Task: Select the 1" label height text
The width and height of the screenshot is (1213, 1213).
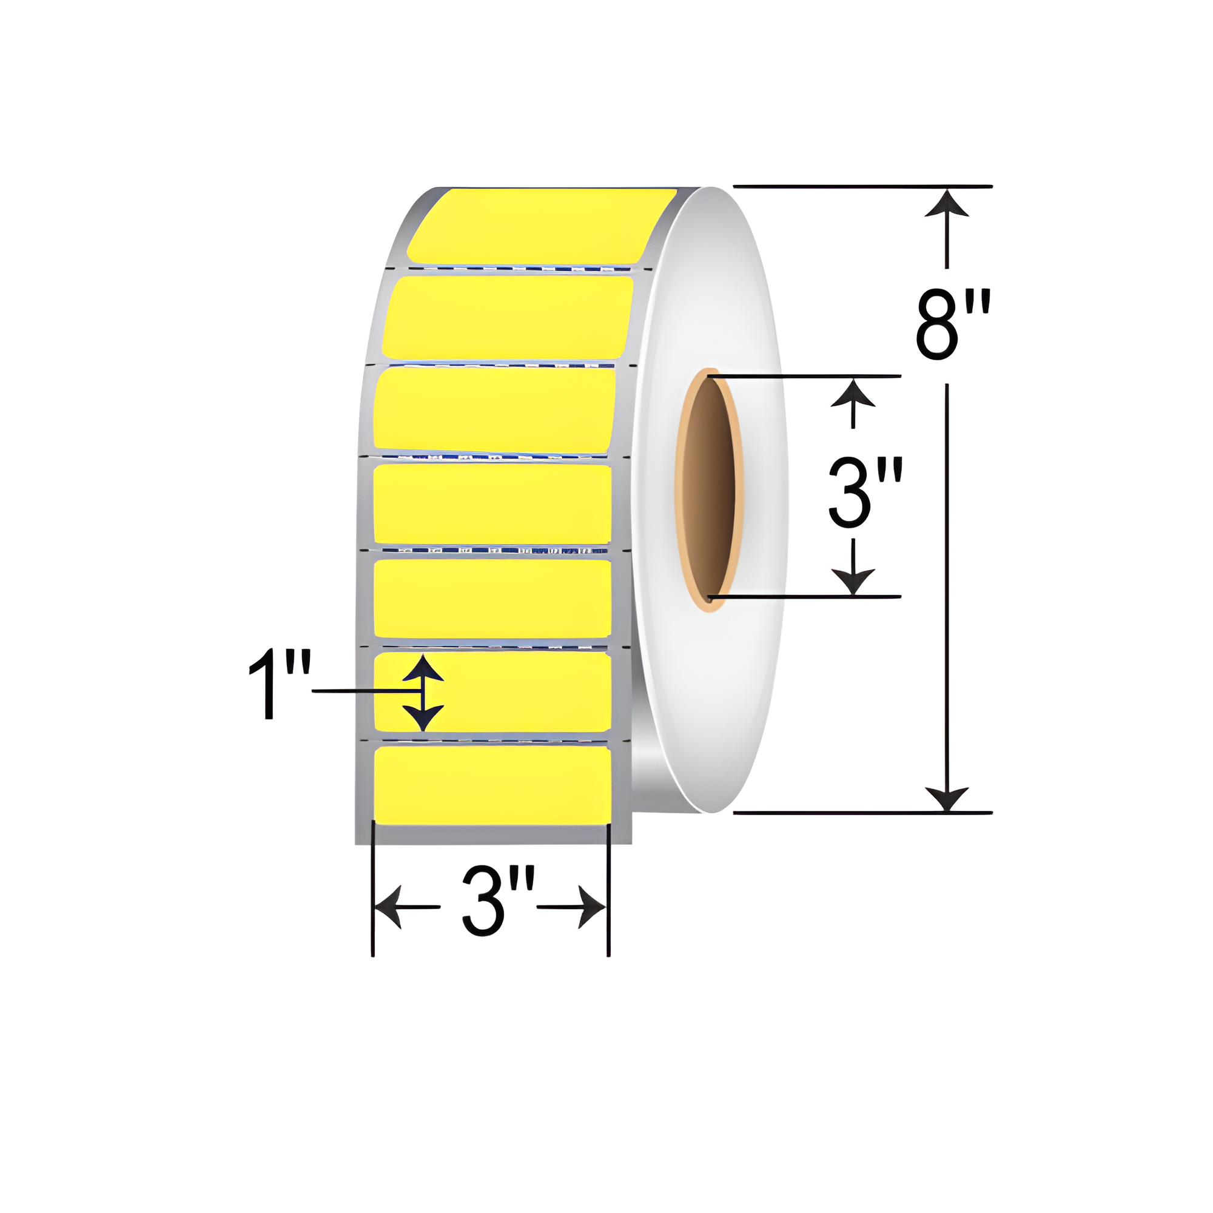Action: pyautogui.click(x=280, y=685)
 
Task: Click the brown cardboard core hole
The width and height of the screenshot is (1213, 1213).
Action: pyautogui.click(x=708, y=488)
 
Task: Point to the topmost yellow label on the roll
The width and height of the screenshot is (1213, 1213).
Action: pyautogui.click(x=540, y=226)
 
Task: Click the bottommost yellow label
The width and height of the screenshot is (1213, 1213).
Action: pyautogui.click(x=492, y=785)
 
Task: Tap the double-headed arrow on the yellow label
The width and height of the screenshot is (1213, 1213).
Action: pyautogui.click(x=423, y=693)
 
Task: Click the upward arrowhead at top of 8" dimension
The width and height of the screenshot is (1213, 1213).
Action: pyautogui.click(x=946, y=204)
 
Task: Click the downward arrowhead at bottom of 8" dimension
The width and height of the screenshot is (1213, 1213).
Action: pyautogui.click(x=946, y=799)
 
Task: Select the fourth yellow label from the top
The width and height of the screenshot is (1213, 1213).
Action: pyautogui.click(x=492, y=504)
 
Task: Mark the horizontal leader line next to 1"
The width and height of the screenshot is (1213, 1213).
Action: pyautogui.click(x=364, y=691)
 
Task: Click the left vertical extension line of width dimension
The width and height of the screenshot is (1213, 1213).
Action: pyautogui.click(x=373, y=892)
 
